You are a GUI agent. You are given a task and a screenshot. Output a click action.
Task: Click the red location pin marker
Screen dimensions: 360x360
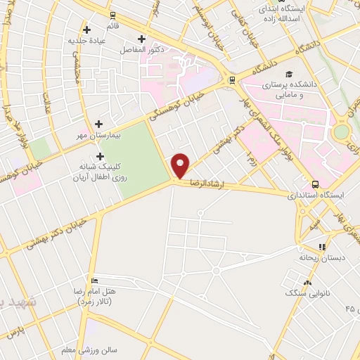click(181, 165)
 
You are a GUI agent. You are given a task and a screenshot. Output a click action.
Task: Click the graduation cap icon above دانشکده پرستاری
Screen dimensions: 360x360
click(288, 75)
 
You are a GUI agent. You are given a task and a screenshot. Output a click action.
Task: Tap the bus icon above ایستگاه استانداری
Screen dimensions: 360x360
click(315, 184)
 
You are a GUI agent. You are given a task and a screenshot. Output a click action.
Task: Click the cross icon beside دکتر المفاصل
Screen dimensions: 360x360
click(143, 39)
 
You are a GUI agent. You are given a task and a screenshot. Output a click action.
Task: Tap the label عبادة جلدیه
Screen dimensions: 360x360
click(86, 40)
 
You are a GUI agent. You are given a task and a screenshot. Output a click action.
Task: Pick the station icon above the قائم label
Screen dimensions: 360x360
click(112, 15)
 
